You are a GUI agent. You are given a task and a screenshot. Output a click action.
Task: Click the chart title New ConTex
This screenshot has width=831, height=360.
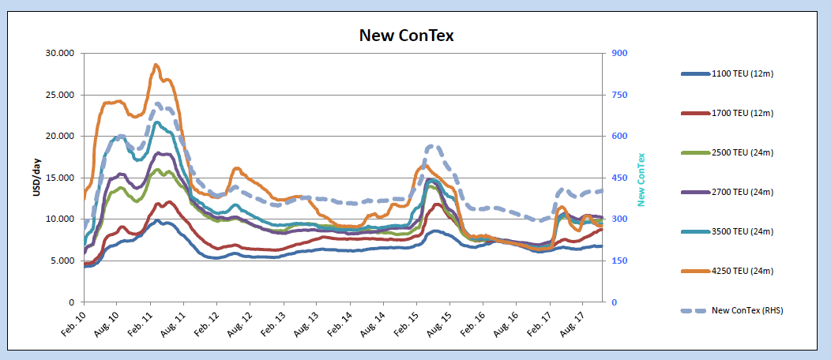pyautogui.click(x=406, y=35)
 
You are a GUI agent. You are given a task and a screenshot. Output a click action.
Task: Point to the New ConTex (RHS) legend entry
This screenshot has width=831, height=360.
pyautogui.click(x=746, y=310)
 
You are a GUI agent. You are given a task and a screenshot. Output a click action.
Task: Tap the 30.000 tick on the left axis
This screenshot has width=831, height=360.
pyautogui.click(x=61, y=53)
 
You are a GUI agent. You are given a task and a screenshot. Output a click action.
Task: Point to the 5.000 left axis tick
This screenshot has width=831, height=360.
pyautogui.click(x=63, y=261)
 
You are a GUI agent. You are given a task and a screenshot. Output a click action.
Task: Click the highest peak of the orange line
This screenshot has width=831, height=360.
pyautogui.click(x=156, y=65)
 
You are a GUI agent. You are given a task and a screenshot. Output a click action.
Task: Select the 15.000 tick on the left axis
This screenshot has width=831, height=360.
pyautogui.click(x=61, y=178)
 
